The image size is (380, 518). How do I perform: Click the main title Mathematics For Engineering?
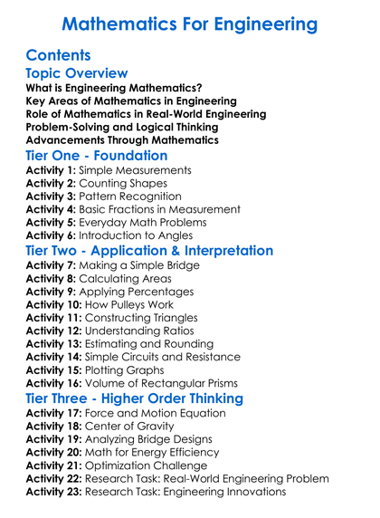tap(190, 23)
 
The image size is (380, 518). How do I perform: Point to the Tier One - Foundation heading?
tap(103, 155)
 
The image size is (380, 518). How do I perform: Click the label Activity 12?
tap(56, 331)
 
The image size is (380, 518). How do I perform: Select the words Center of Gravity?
tap(137, 426)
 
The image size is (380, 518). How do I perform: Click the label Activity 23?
tap(56, 492)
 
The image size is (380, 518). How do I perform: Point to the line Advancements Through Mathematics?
tap(121, 140)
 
